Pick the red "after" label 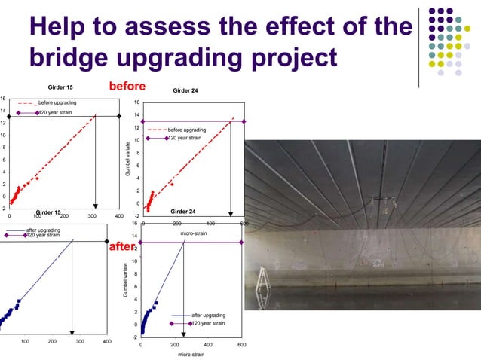[x=121, y=246]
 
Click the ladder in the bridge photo [x=265, y=278]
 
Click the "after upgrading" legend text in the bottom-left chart [x=44, y=229]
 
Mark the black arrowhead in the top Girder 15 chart [x=96, y=205]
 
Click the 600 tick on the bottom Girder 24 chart [x=241, y=343]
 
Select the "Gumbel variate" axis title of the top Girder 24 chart [x=129, y=159]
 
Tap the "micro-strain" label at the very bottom [x=191, y=353]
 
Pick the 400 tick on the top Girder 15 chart [x=119, y=216]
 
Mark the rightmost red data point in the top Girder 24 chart [x=172, y=184]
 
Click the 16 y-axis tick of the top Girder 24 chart [x=136, y=103]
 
